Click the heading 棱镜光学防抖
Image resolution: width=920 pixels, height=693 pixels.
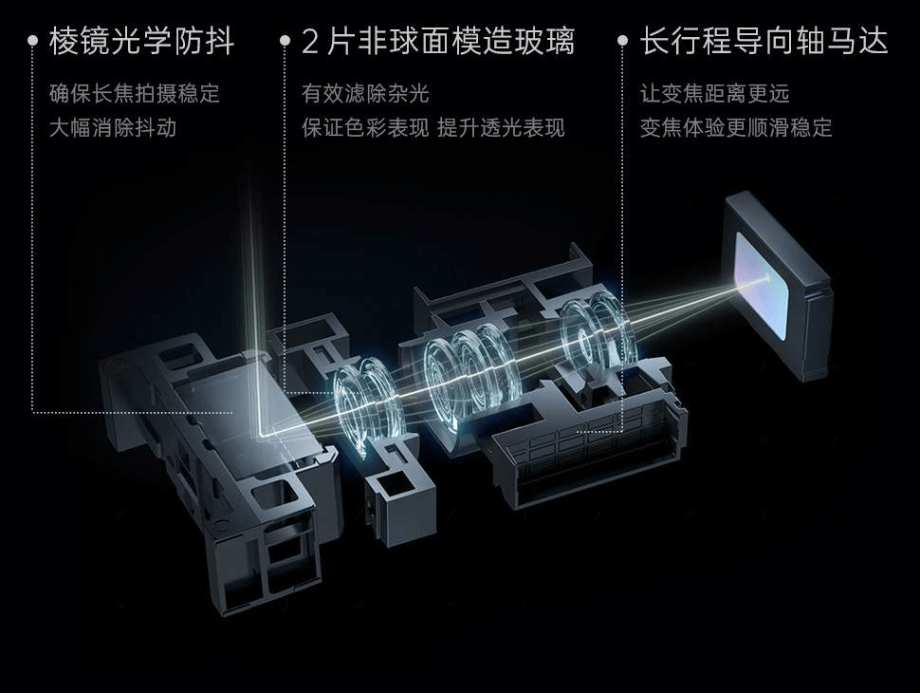click(142, 41)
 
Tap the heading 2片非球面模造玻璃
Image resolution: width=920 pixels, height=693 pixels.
click(438, 41)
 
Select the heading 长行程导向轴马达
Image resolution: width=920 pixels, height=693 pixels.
click(764, 41)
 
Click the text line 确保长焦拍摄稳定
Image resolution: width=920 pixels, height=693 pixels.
click(135, 93)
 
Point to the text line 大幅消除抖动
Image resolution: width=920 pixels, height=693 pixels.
click(113, 127)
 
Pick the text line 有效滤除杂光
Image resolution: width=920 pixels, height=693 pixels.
click(365, 93)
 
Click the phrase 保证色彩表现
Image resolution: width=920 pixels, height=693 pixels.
click(365, 127)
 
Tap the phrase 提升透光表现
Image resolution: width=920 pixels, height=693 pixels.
click(501, 127)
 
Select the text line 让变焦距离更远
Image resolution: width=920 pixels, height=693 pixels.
click(714, 93)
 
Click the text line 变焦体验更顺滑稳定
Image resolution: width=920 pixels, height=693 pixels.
click(736, 127)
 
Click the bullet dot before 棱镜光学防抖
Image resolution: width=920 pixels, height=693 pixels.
click(33, 41)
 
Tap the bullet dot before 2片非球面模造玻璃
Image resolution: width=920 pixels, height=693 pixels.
click(285, 41)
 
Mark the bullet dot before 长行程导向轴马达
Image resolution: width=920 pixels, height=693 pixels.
click(623, 41)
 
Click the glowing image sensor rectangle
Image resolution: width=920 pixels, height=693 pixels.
click(761, 286)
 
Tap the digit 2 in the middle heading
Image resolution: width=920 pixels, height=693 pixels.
click(309, 42)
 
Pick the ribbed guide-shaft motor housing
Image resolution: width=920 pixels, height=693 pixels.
click(587, 452)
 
